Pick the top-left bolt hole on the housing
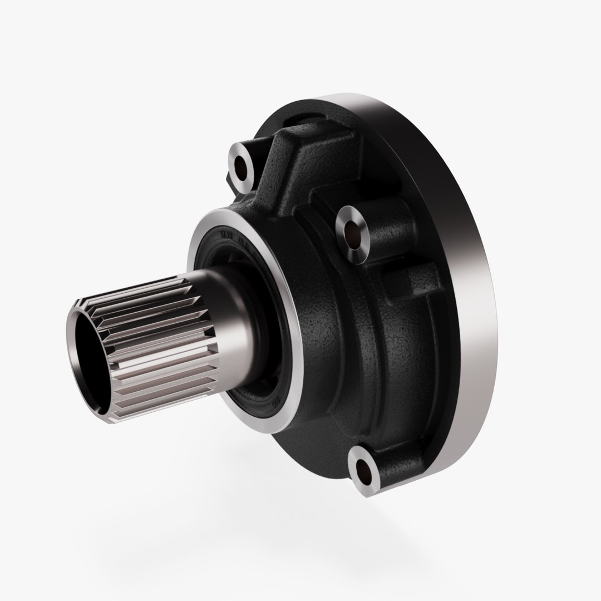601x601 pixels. coord(240,165)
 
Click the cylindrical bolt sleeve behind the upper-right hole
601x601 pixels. coord(390,234)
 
